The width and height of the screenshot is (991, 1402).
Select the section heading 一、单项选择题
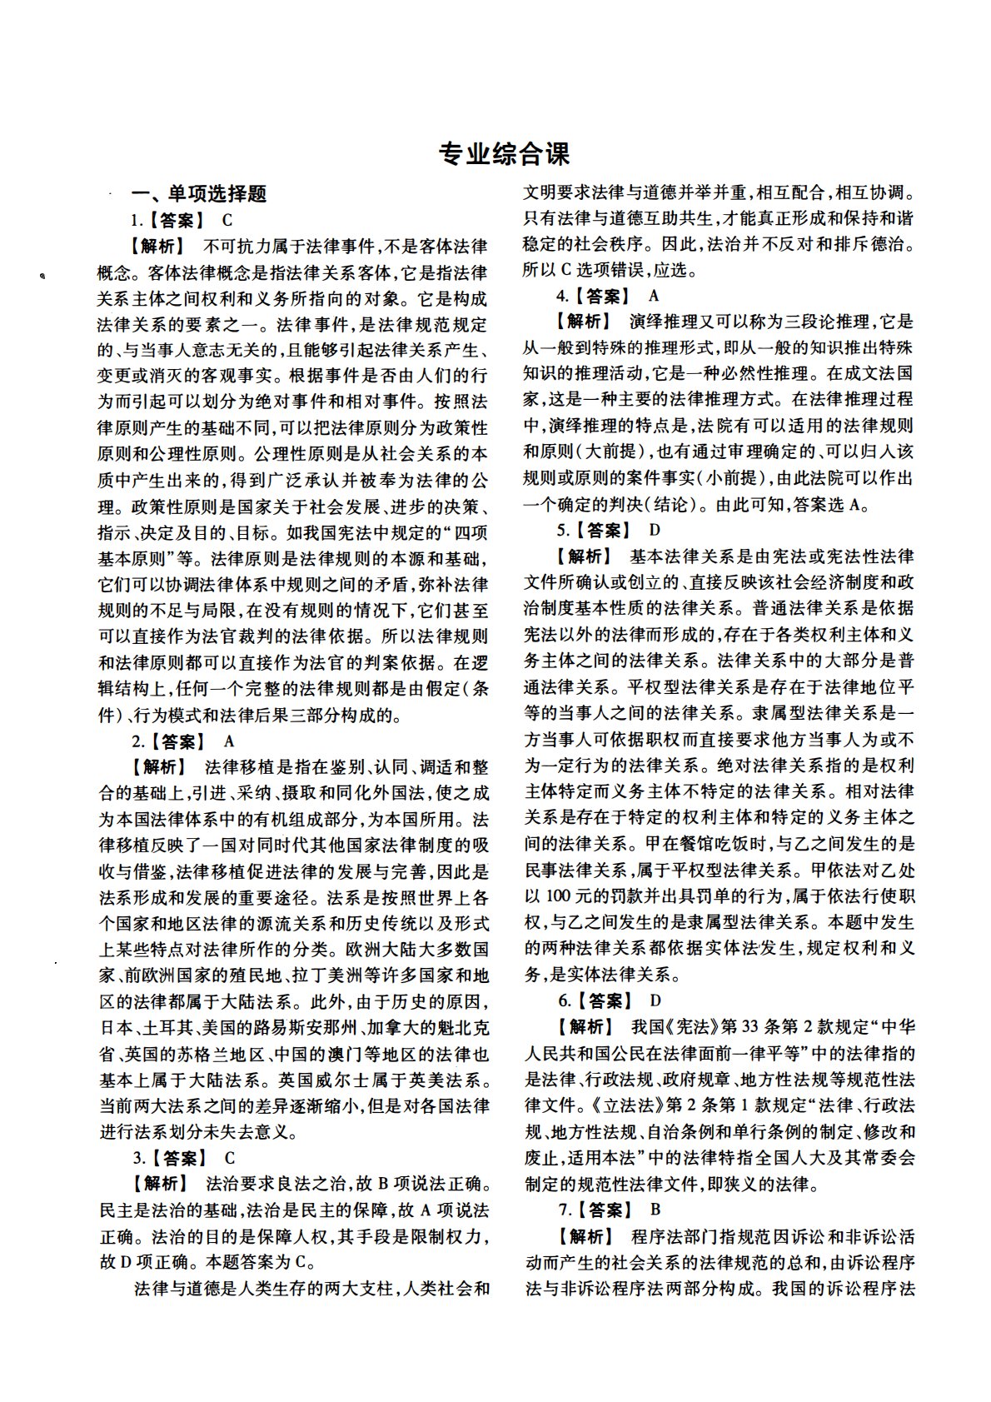(200, 194)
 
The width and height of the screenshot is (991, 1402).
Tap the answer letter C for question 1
(228, 221)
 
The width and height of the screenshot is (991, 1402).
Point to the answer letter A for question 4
(654, 296)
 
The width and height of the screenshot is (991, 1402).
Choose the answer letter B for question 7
(656, 1209)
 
